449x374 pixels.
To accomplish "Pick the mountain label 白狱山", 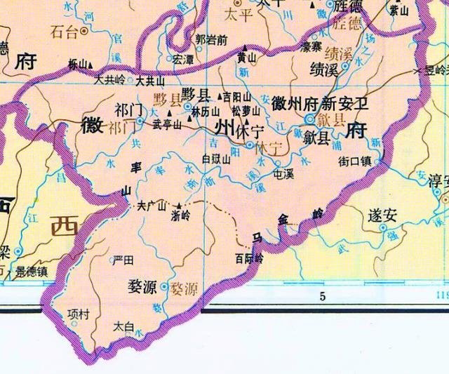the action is click(216, 159).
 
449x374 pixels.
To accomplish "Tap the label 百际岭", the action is click(249, 258).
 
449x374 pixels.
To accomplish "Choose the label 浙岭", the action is click(181, 217).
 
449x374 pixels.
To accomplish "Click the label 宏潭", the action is click(183, 59).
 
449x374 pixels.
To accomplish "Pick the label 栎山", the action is click(79, 64).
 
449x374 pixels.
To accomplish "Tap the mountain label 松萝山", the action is click(246, 111).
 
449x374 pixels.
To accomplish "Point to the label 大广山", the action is click(151, 206).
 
